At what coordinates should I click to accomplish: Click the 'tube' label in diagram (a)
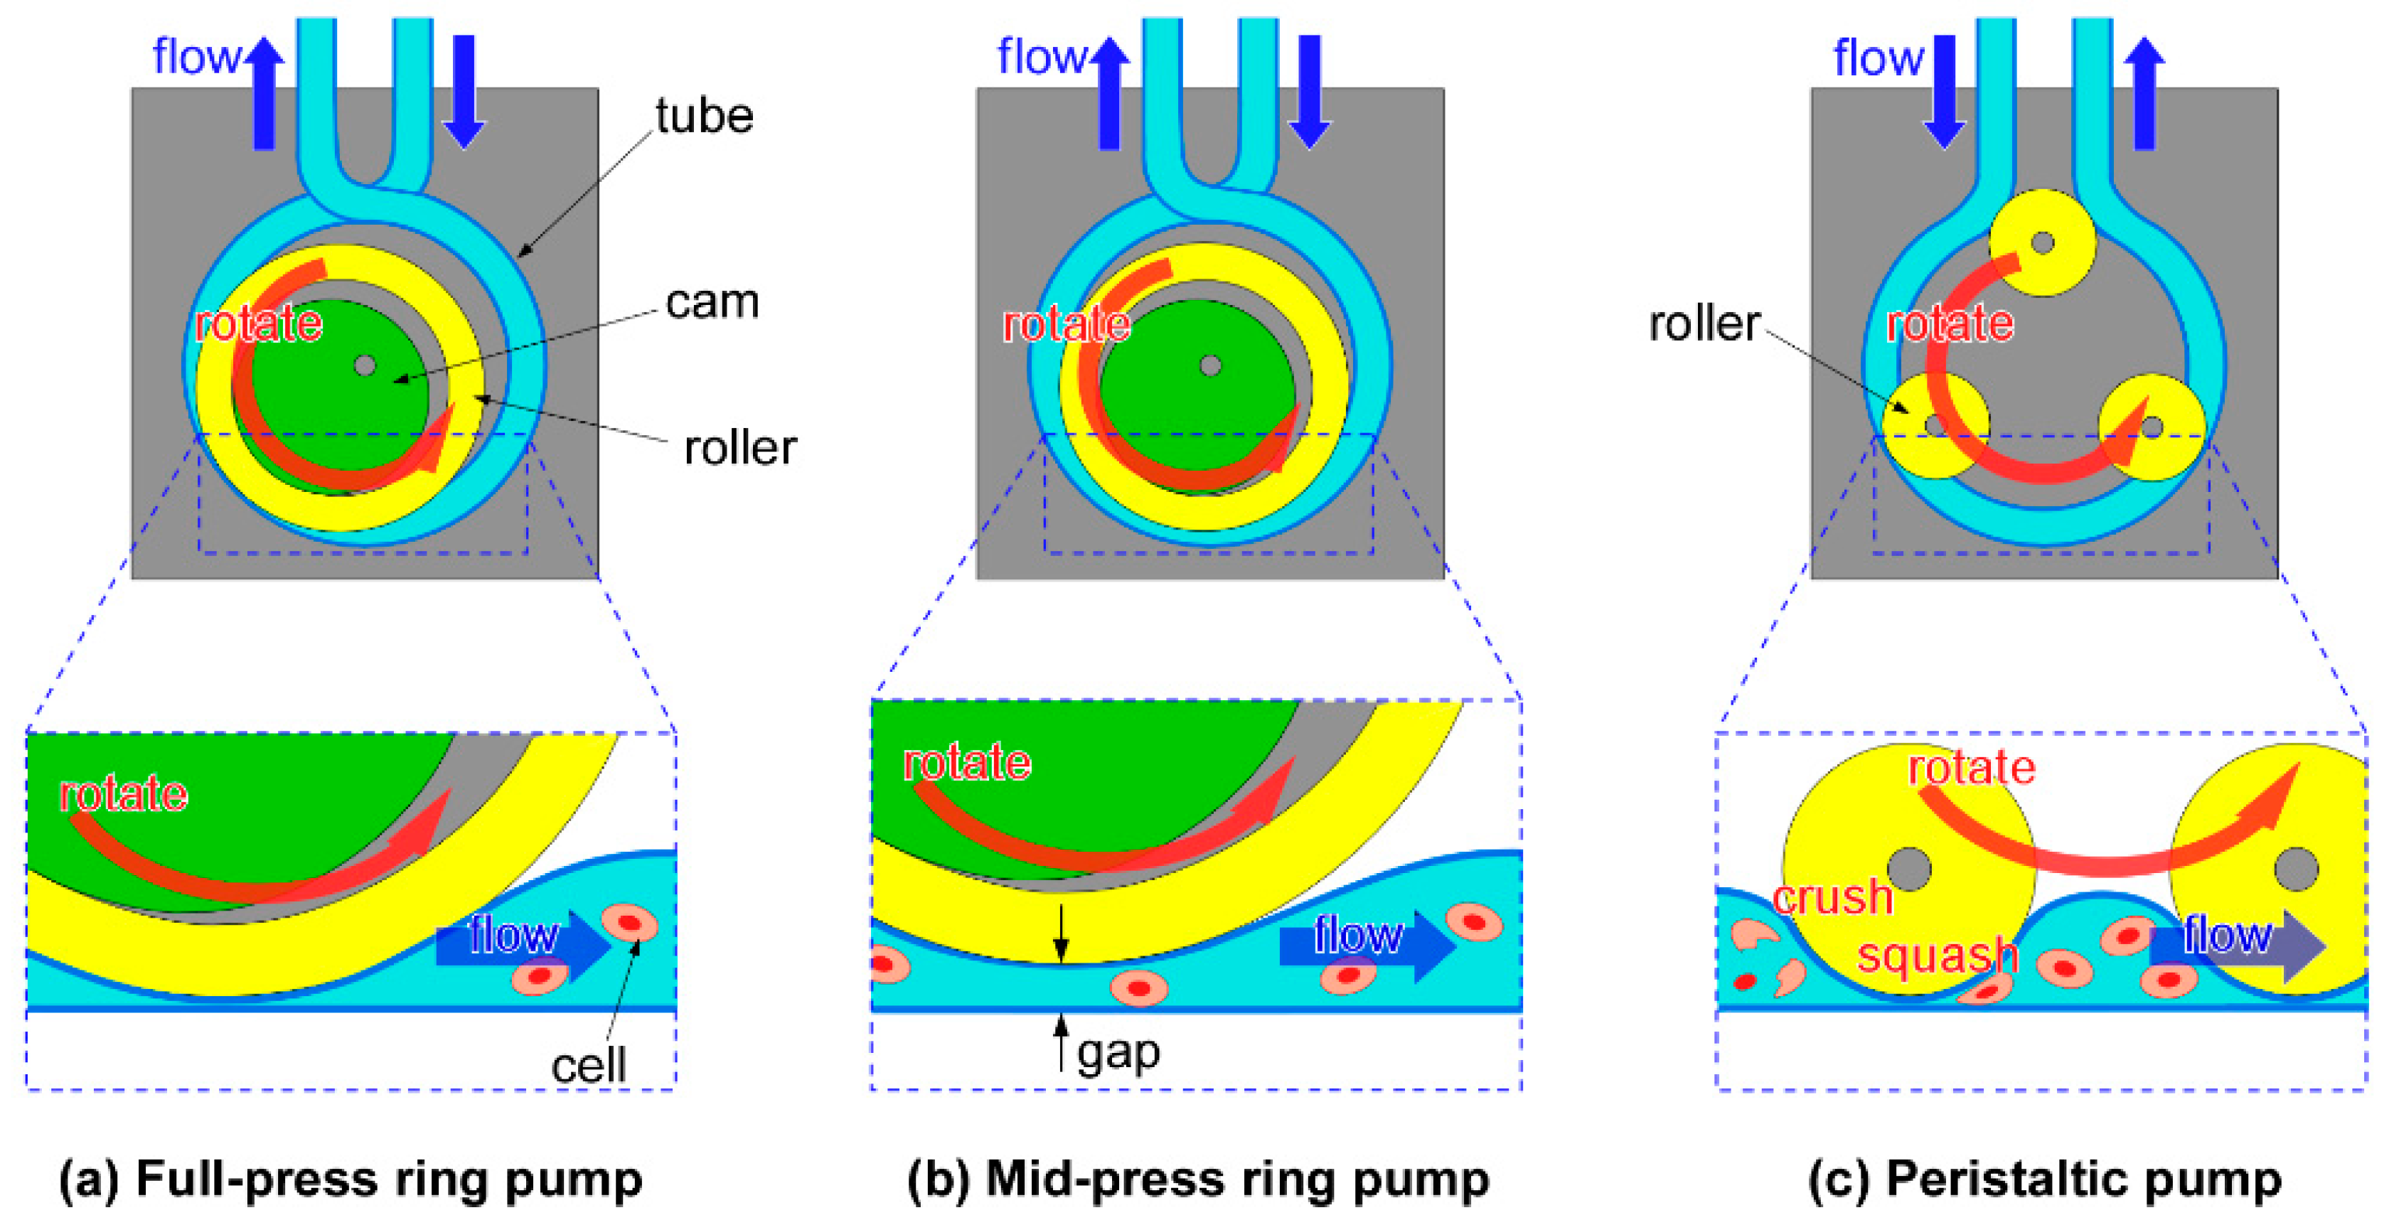coord(703,116)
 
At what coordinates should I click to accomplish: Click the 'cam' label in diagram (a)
coord(712,302)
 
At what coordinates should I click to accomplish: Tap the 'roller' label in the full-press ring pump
coord(739,448)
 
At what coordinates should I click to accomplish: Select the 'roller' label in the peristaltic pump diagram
coord(1704,324)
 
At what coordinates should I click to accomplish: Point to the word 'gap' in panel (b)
coord(1118,1054)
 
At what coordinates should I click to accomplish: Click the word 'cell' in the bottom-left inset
coord(588,1066)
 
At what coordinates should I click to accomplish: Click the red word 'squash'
coord(1938,956)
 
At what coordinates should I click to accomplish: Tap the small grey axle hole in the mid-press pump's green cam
coord(1210,365)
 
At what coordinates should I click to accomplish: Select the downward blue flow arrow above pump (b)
coord(1310,92)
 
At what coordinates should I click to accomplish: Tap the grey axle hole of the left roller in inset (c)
coord(1909,869)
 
